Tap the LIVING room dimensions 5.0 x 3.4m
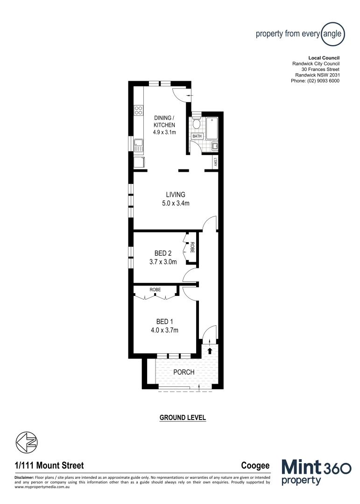pyautogui.click(x=175, y=203)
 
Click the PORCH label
pyautogui.click(x=184, y=372)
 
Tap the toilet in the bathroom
pyautogui.click(x=197, y=123)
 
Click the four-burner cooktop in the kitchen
pyautogui.click(x=139, y=110)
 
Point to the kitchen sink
pyautogui.click(x=139, y=144)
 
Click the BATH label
pyautogui.click(x=197, y=136)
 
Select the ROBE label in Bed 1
pyautogui.click(x=155, y=290)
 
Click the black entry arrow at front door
pyautogui.click(x=210, y=350)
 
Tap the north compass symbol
pyautogui.click(x=27, y=441)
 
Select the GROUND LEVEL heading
pyautogui.click(x=183, y=417)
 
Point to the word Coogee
pyautogui.click(x=255, y=465)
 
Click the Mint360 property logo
pyautogui.click(x=316, y=471)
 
